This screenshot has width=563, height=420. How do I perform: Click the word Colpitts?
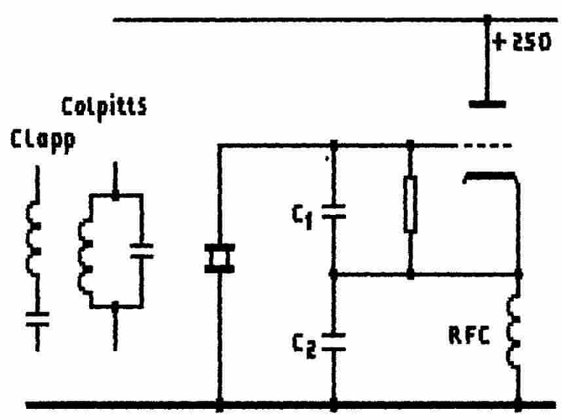click(104, 106)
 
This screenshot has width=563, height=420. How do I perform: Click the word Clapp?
click(41, 139)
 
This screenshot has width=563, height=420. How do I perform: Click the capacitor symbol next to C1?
click(334, 212)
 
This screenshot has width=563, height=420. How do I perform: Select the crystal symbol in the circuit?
click(219, 258)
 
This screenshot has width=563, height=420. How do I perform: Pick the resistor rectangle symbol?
click(410, 212)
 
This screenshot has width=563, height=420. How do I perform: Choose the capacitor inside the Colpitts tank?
click(141, 250)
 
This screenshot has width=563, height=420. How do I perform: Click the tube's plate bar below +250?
click(488, 104)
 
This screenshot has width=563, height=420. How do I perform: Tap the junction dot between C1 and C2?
click(334, 275)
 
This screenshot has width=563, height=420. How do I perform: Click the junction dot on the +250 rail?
click(488, 20)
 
